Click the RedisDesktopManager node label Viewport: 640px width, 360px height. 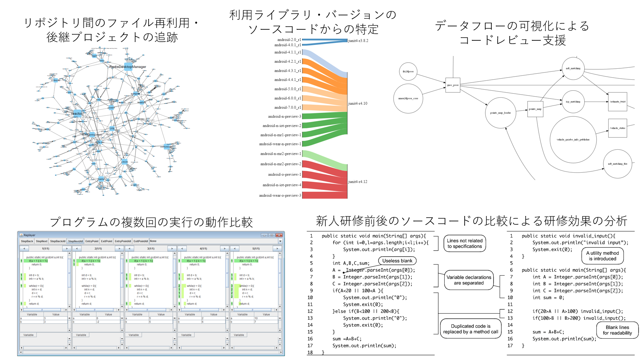click(x=128, y=67)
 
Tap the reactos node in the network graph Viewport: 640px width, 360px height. click(x=77, y=114)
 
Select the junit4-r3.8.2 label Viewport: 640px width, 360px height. click(x=358, y=41)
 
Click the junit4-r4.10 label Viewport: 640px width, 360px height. click(x=358, y=104)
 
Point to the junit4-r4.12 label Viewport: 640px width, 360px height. click(x=358, y=182)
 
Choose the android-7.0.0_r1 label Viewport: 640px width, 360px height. click(x=287, y=108)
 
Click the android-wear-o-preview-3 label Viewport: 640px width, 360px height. click(x=280, y=196)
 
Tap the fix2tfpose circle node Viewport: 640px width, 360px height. click(x=408, y=72)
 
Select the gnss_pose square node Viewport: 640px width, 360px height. click(x=453, y=85)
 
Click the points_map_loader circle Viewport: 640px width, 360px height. click(x=500, y=113)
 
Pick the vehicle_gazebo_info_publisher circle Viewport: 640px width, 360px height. click(x=573, y=140)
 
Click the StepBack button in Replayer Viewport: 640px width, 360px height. click(x=27, y=241)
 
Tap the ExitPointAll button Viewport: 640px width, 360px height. click(x=141, y=241)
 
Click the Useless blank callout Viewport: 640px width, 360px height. click(x=397, y=261)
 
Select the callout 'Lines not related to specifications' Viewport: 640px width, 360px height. click(x=464, y=244)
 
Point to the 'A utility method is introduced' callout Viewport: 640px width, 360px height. click(x=602, y=256)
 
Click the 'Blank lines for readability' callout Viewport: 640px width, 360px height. click(x=617, y=330)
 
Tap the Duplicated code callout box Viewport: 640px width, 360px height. click(x=470, y=329)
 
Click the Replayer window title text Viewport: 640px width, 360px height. click(x=29, y=235)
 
